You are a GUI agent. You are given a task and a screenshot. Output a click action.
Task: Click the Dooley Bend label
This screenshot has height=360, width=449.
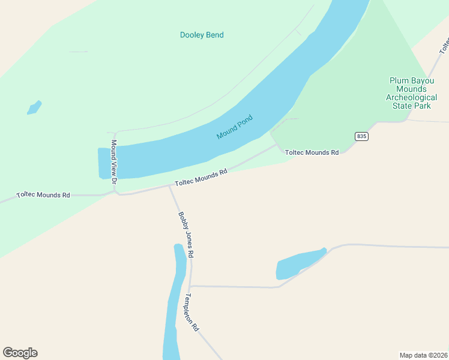(x=202, y=35)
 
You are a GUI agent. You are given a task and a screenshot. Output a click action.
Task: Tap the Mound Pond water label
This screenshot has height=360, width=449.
(x=235, y=127)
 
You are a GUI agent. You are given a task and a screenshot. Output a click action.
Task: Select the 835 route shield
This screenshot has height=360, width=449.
(x=361, y=136)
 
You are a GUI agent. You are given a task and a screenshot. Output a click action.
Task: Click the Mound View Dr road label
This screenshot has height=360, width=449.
(x=114, y=158)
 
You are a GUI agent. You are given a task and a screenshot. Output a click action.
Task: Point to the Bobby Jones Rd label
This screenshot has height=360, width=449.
(x=185, y=235)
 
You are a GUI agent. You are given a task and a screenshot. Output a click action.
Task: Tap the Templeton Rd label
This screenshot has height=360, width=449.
(x=191, y=313)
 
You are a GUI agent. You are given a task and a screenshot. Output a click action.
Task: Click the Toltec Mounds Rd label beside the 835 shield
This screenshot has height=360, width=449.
(x=312, y=152)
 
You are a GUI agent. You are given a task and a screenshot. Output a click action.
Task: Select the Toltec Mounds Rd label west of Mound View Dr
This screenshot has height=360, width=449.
(x=43, y=195)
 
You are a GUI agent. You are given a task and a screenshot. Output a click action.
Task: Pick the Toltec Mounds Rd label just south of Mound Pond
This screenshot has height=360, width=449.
(x=201, y=178)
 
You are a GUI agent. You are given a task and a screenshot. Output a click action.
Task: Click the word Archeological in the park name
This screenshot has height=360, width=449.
(x=411, y=97)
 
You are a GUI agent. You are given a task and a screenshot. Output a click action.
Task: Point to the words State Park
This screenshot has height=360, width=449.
(x=411, y=106)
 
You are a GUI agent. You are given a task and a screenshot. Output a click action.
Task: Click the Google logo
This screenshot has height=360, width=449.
(x=20, y=353)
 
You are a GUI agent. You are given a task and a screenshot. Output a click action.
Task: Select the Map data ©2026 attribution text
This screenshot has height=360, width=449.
(x=423, y=355)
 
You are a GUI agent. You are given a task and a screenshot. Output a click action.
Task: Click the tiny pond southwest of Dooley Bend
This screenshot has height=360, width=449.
(x=34, y=107)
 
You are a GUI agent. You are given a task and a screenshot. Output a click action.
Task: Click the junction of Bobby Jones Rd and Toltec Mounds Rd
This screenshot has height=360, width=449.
(x=170, y=186)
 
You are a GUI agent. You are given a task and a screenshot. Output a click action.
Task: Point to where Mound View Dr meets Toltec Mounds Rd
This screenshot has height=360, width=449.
(x=115, y=192)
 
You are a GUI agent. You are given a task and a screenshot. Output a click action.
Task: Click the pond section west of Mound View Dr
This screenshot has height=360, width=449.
(x=104, y=163)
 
